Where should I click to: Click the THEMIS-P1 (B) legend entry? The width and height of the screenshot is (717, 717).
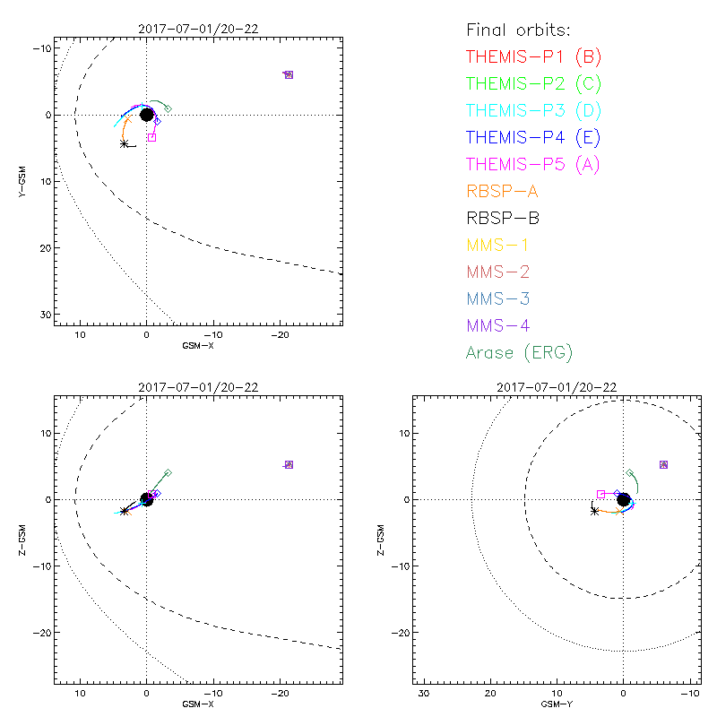534,57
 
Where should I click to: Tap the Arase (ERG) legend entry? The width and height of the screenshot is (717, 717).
519,352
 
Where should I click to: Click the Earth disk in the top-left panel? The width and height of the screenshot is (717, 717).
147,115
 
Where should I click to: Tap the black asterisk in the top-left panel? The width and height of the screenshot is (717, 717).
124,143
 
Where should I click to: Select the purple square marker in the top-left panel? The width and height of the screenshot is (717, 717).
289,74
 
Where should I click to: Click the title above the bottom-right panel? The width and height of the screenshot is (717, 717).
557,387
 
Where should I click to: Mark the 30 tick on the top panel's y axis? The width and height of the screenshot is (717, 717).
44,314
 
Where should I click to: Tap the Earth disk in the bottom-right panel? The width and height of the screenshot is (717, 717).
623,499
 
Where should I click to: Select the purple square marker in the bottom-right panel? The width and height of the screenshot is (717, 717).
663,464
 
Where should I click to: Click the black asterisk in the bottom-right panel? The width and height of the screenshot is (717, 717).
594,511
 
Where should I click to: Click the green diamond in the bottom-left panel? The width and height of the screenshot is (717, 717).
168,472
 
